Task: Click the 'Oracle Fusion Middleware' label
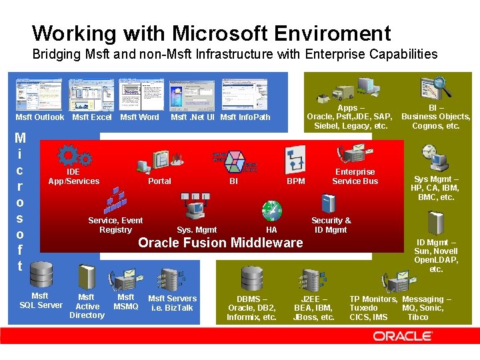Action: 220,243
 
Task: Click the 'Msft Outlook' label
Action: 40,117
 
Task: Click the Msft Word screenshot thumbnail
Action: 141,94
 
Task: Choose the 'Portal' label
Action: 159,181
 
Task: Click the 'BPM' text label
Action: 295,181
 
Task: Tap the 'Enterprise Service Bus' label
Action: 355,177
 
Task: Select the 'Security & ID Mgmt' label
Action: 331,225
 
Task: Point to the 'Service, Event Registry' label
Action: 115,225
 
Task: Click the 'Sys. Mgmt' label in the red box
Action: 197,230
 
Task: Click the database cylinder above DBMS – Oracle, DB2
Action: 252,278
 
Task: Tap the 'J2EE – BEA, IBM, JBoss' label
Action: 314,308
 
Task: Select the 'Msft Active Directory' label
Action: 87,306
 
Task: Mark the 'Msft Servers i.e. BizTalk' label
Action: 172,303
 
